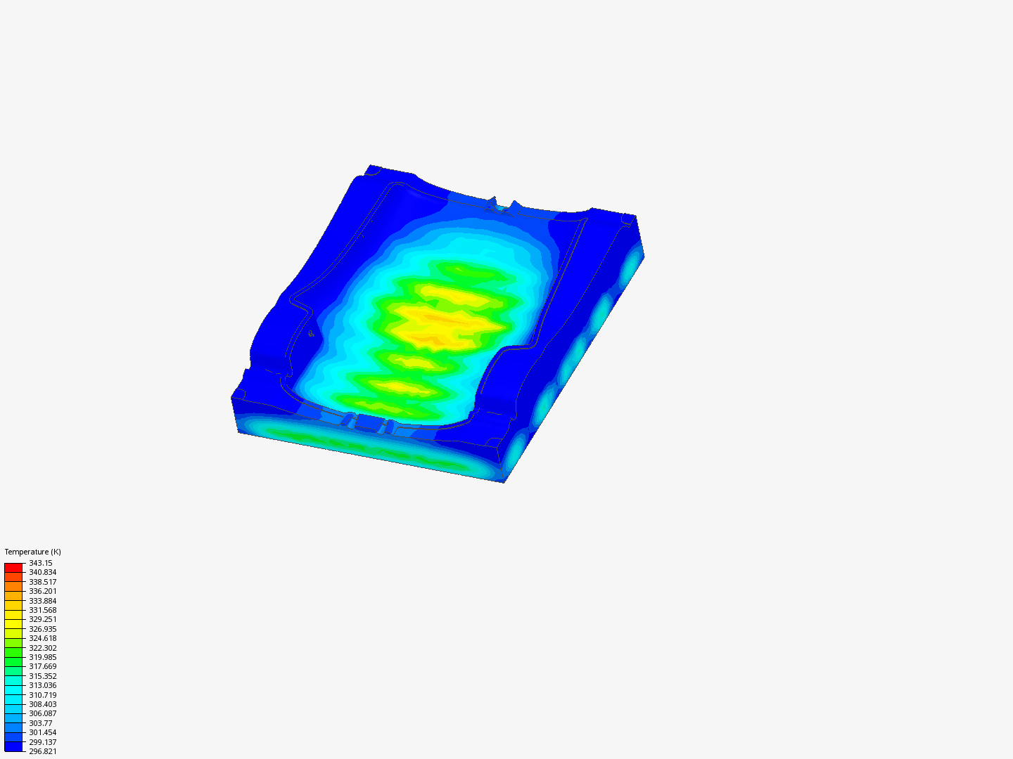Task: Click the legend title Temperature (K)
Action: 33,552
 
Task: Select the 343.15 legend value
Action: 41,563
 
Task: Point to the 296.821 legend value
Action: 43,752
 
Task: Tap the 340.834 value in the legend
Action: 43,572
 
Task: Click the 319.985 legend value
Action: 43,657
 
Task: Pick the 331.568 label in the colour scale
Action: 43,610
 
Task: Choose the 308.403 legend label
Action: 43,704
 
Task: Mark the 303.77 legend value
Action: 41,724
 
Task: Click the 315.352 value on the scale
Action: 43,676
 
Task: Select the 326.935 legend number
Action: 43,629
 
